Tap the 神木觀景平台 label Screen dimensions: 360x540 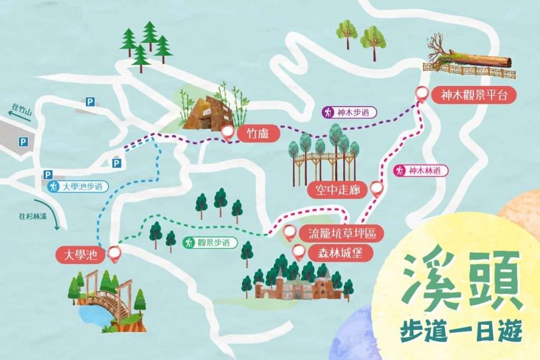click(472, 95)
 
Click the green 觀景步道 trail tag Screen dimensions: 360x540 click(210, 243)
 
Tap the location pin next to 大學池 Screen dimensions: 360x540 click(114, 255)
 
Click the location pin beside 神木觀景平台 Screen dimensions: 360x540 click(421, 94)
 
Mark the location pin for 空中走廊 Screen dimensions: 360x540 click(376, 189)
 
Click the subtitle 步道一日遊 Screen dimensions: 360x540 click(460, 330)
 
